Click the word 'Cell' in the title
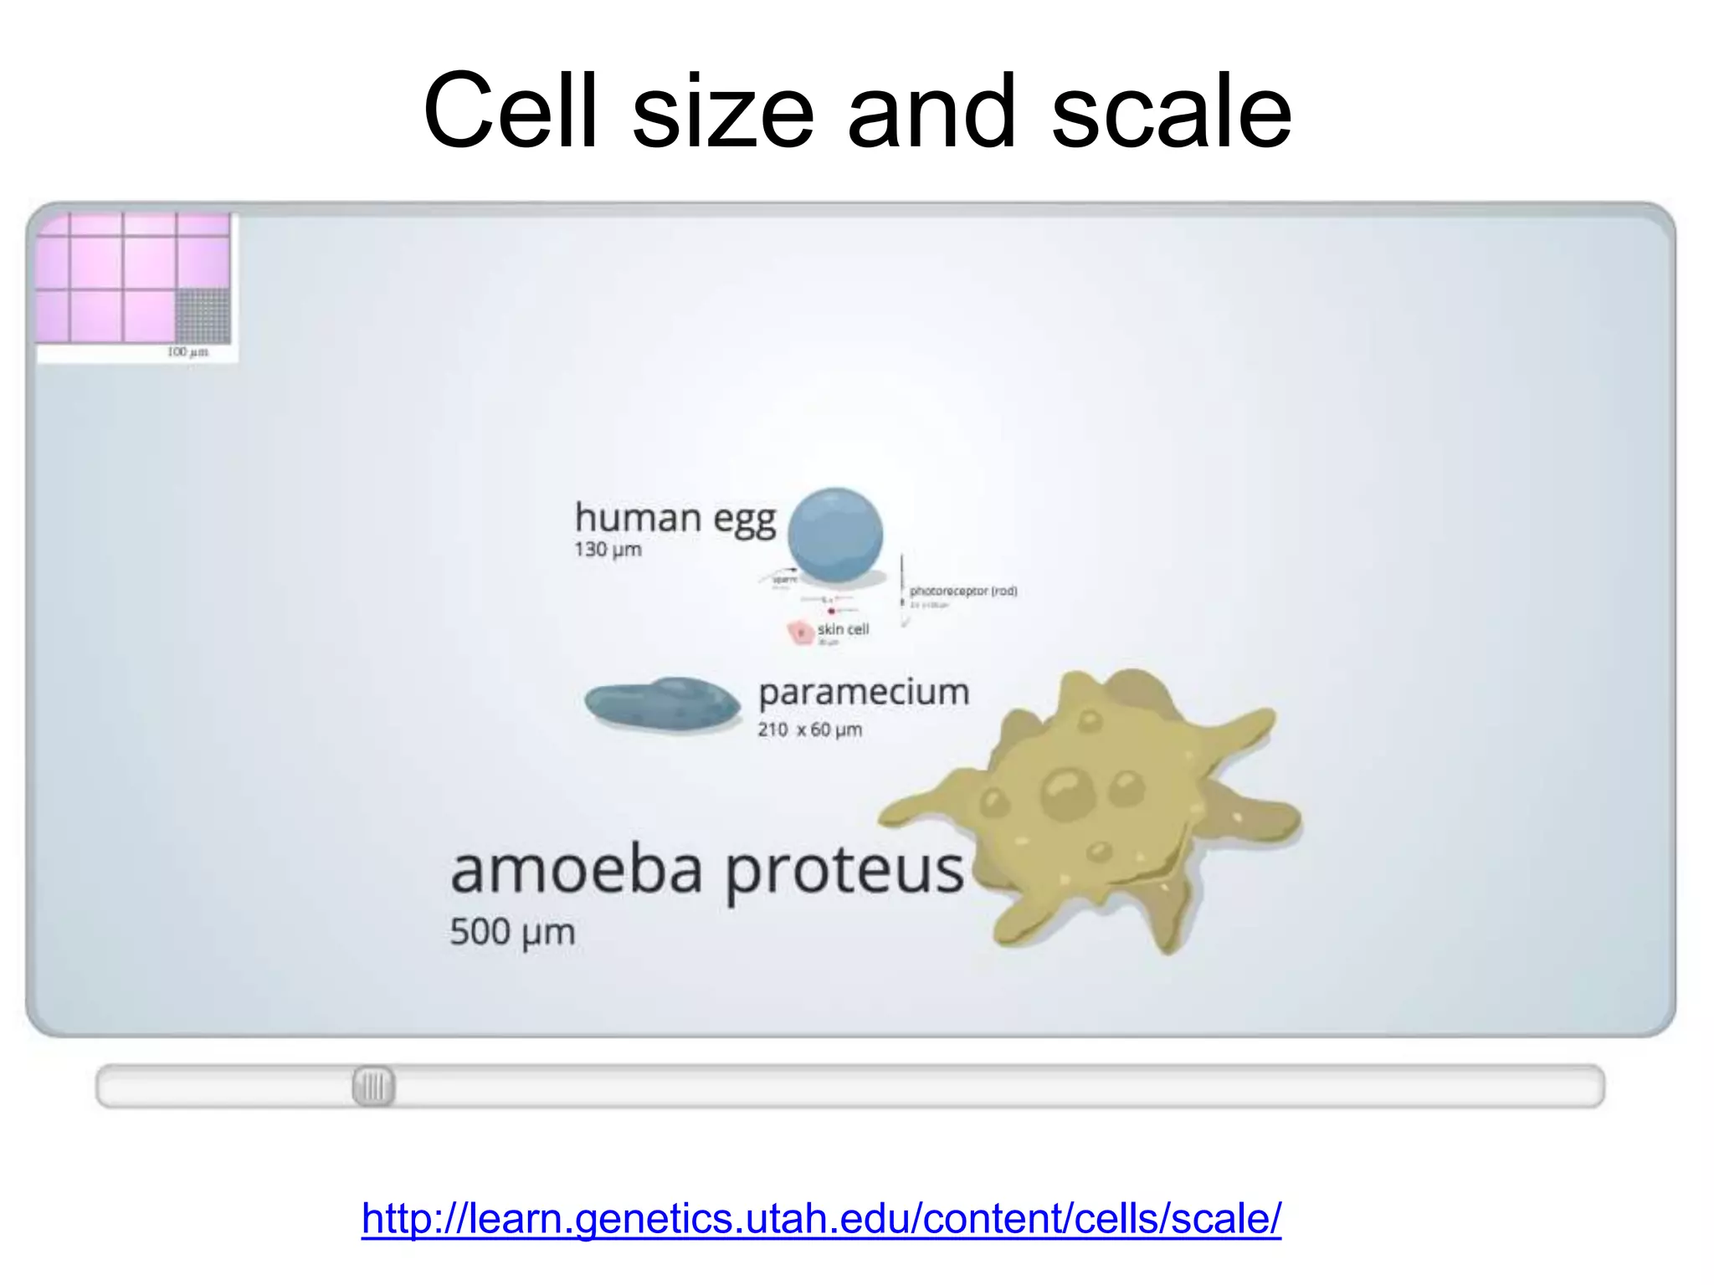pos(510,111)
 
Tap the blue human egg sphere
pos(835,535)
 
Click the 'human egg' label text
pos(675,518)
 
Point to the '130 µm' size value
pos(608,550)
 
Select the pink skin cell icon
pos(800,632)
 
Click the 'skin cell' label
pos(843,629)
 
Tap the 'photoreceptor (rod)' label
pos(963,591)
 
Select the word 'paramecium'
pos(864,693)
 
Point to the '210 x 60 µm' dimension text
pos(809,730)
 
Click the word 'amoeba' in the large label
pos(576,870)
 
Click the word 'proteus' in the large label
pos(844,872)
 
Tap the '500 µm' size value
pos(512,932)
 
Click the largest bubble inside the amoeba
pos(1068,792)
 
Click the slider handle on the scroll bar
pos(373,1087)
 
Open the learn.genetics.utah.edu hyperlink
pos(821,1218)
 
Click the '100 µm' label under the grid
pos(187,352)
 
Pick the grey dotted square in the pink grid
pos(203,315)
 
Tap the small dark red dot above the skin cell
pos(831,611)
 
